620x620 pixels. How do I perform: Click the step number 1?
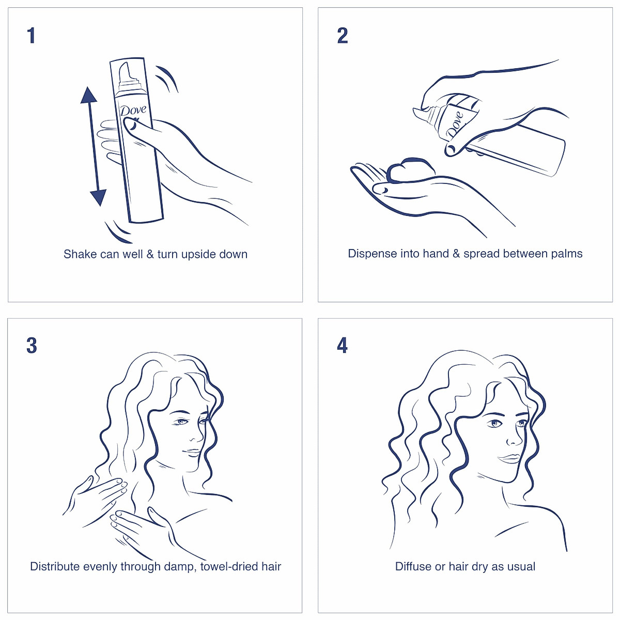[x=32, y=36]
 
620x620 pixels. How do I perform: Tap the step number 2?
[x=342, y=36]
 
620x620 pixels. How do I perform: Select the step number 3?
[x=32, y=346]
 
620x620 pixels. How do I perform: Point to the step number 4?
[x=342, y=346]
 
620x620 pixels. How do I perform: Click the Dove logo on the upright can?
[x=133, y=111]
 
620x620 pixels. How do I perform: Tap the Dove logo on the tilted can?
[x=455, y=125]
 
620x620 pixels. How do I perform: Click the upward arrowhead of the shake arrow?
[x=89, y=96]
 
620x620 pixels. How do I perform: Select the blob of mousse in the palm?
[x=411, y=170]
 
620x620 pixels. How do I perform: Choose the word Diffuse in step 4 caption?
[x=413, y=566]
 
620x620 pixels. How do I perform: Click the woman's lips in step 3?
[x=192, y=451]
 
